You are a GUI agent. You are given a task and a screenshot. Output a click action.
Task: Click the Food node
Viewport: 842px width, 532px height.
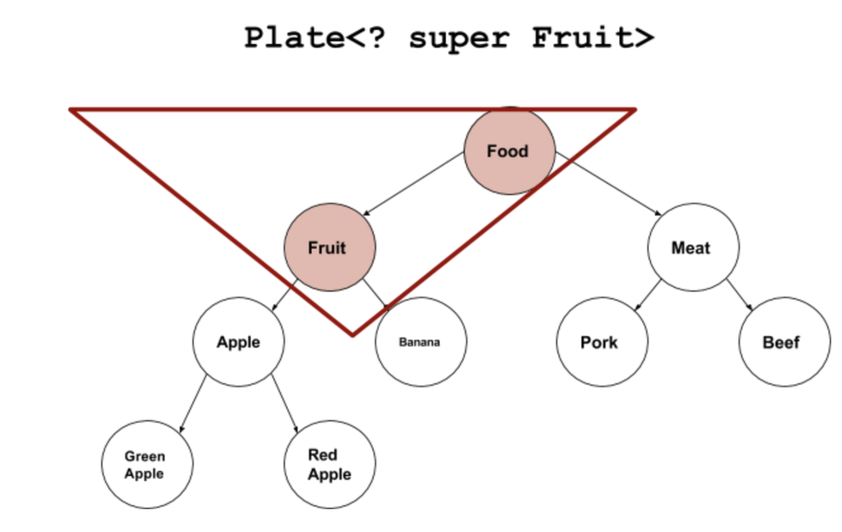point(508,151)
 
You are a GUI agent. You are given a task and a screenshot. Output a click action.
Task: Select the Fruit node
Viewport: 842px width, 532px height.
point(329,248)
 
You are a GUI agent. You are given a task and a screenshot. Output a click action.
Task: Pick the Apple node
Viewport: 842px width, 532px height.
point(239,342)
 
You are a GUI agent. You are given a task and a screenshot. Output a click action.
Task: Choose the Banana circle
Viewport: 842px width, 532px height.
point(420,342)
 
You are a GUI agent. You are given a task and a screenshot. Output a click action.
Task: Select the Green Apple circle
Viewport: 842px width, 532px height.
point(146,465)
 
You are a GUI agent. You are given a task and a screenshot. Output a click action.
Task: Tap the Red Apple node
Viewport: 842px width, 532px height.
point(329,465)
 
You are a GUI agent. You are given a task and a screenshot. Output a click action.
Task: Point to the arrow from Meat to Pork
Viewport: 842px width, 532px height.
point(648,295)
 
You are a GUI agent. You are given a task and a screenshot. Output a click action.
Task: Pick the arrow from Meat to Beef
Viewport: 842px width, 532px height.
point(740,295)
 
